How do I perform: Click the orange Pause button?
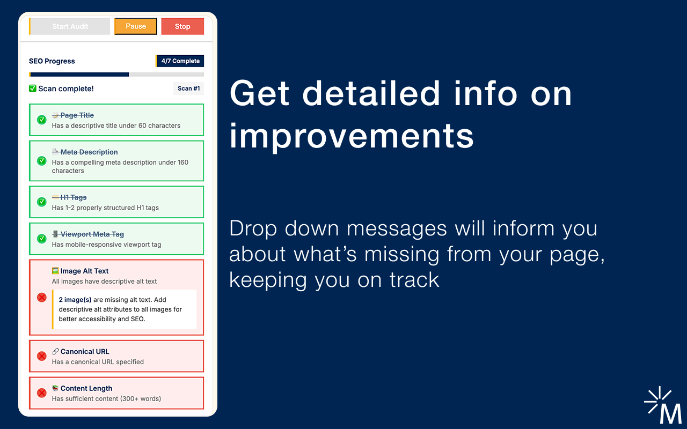(x=136, y=26)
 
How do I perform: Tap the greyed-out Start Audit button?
(x=70, y=26)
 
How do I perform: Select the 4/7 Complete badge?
(x=180, y=61)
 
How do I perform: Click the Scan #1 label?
(x=188, y=88)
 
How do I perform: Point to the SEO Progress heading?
(x=52, y=61)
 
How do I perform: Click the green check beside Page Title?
(x=42, y=120)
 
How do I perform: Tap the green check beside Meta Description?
(x=42, y=160)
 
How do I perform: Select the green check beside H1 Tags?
(x=42, y=202)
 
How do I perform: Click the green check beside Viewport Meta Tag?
(x=42, y=239)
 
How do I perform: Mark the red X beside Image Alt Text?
(x=42, y=297)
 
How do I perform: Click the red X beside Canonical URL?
(x=42, y=356)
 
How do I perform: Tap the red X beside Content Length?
(x=42, y=393)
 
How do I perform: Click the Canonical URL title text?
(x=85, y=351)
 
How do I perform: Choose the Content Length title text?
(x=86, y=388)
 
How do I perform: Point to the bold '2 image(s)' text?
(x=75, y=300)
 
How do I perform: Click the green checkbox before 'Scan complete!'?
(x=33, y=88)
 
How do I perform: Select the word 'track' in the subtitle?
(x=414, y=279)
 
